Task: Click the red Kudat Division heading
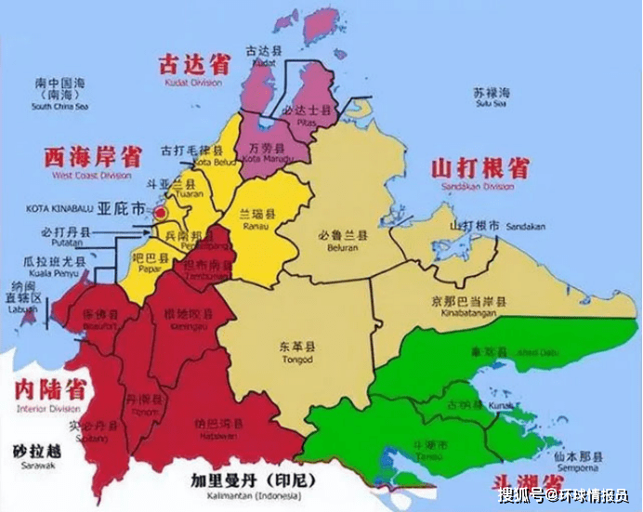point(194,67)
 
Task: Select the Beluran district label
point(342,242)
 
